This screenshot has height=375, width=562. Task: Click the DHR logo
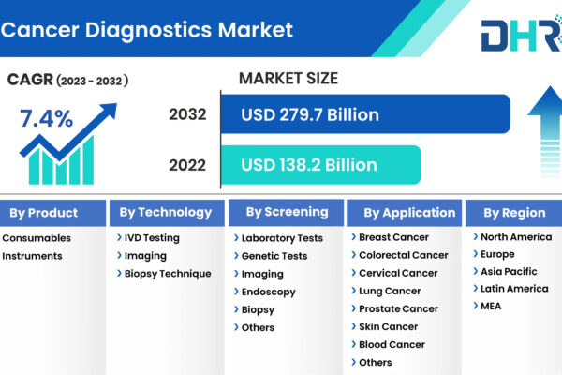pos(522,34)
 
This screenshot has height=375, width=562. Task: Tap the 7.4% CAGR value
pos(46,118)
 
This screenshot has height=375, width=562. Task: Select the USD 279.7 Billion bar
pos(365,114)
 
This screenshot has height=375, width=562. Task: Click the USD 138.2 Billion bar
pos(320,165)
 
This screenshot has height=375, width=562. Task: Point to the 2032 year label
pos(187,114)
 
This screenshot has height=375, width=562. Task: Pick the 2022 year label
pos(187,165)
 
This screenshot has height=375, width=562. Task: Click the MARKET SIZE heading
pos(288,78)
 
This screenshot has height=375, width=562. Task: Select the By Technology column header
pos(167,213)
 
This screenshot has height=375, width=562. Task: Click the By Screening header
pos(286,213)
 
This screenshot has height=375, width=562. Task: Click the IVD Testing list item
pos(152,237)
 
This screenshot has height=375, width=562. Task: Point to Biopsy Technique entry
pos(168,274)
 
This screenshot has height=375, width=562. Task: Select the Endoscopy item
pos(269,292)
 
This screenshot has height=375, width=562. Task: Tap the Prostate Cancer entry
pos(398,308)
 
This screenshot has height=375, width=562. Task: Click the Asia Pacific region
pos(509,271)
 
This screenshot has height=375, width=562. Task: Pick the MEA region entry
pos(491,307)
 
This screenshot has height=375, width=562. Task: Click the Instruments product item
pos(32,256)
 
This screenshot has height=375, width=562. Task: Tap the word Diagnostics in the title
pos(148,30)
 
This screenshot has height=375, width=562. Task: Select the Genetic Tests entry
pos(274,256)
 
